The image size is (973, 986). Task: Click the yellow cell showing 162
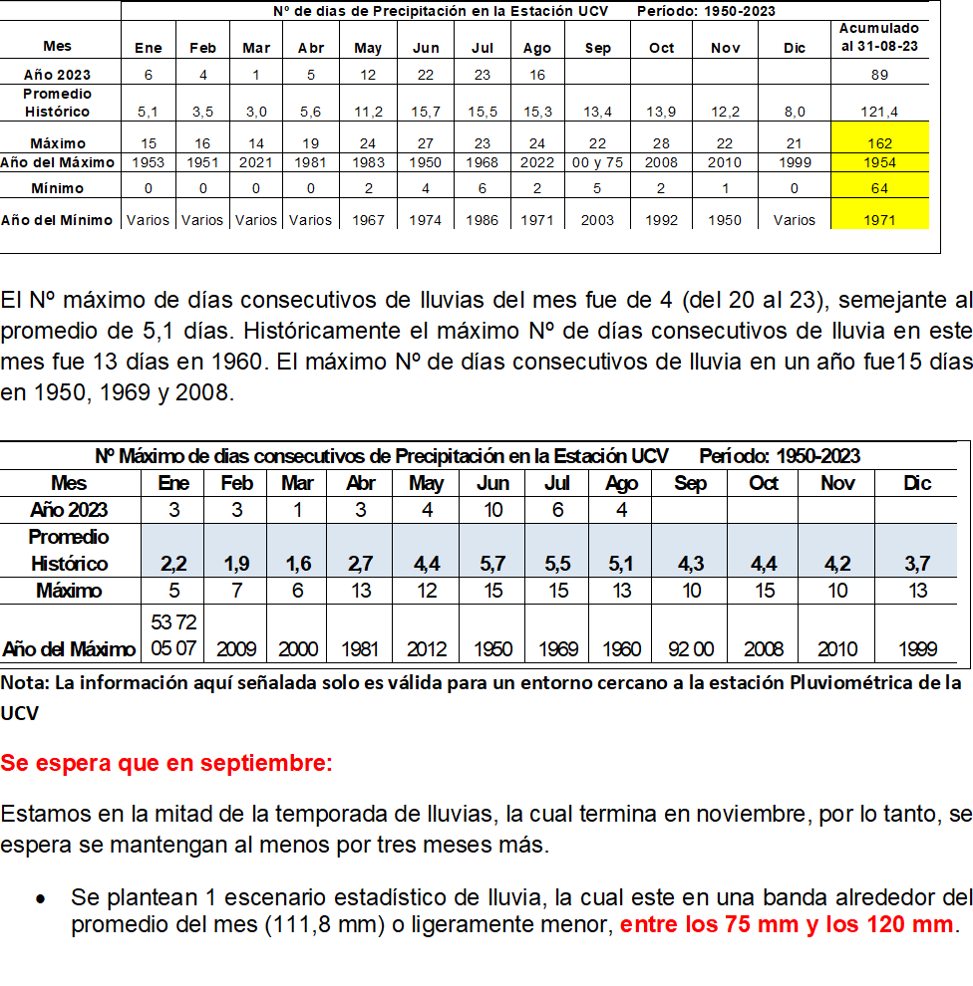pos(879,143)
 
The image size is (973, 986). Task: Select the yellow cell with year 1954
pos(879,162)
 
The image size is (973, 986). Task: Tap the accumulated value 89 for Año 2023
pos(879,75)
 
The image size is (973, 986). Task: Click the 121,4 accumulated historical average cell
pos(879,112)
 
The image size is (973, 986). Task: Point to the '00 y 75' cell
pos(598,162)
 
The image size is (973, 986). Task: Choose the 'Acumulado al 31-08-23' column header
pos(879,38)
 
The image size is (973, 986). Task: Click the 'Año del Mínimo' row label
pos(59,220)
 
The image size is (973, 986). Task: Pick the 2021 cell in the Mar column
pos(256,162)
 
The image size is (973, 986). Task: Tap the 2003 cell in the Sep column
pos(598,220)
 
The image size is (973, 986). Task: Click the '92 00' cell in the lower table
pos(690,649)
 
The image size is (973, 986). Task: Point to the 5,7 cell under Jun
pos(492,564)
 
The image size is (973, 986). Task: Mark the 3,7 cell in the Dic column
pos(916,564)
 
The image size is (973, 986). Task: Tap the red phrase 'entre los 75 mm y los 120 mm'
pos(787,924)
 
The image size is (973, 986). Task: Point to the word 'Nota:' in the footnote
pos(26,683)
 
